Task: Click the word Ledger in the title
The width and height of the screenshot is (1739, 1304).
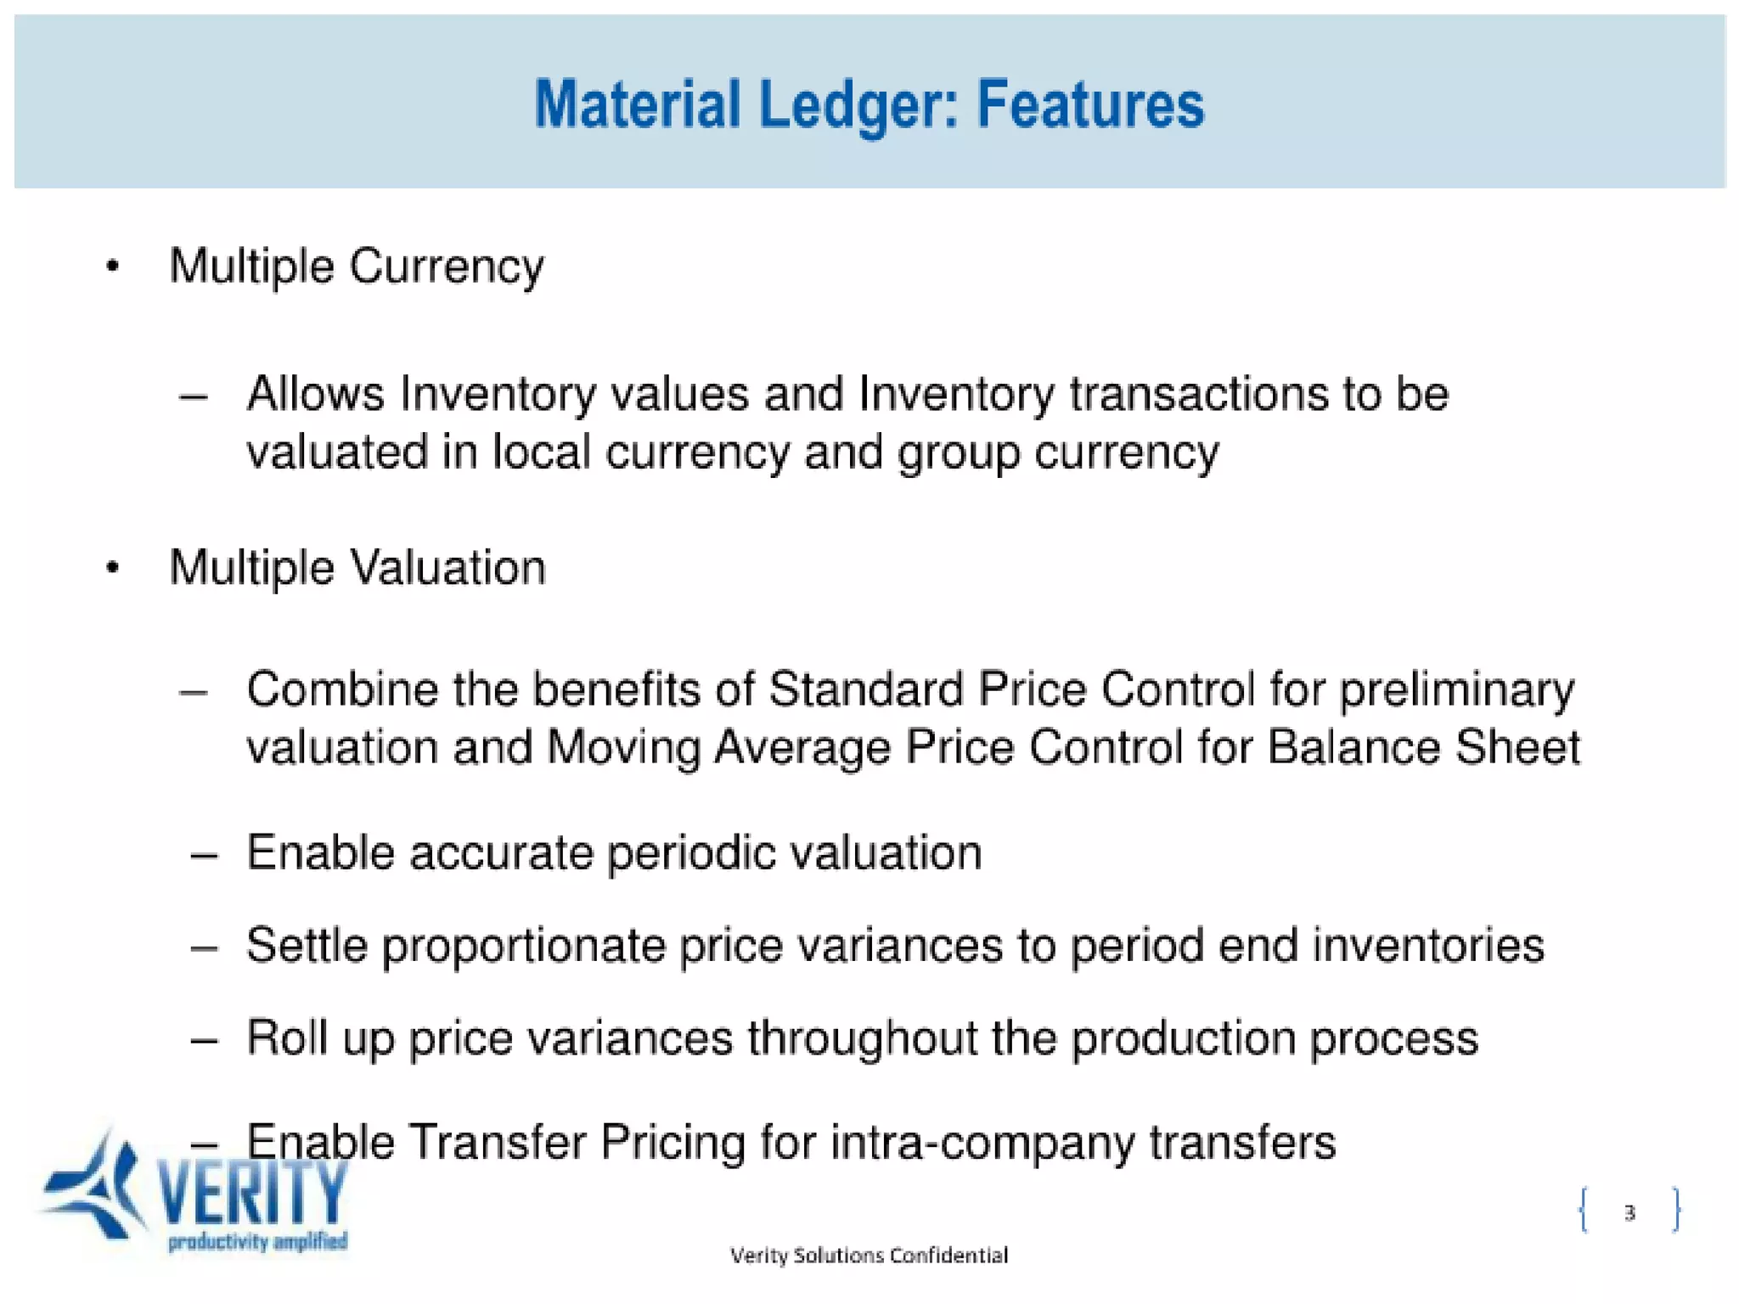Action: tap(858, 104)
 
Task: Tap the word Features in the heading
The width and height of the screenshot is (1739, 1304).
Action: tap(1090, 104)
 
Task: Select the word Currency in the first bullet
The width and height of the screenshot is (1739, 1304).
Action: tap(447, 267)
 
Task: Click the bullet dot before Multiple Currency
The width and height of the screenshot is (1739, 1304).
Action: tap(113, 267)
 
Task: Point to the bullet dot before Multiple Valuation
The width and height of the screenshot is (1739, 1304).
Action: tap(113, 567)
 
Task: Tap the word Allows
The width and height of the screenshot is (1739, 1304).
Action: tap(316, 394)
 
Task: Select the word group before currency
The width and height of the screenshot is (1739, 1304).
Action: tap(959, 452)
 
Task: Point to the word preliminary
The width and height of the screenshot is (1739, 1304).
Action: tap(1456, 690)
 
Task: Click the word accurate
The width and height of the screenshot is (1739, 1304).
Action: tap(501, 852)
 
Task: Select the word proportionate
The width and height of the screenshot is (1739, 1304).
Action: tap(523, 946)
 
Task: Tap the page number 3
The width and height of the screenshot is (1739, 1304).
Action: tap(1629, 1212)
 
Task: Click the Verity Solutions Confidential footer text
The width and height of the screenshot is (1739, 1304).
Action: tap(869, 1255)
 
